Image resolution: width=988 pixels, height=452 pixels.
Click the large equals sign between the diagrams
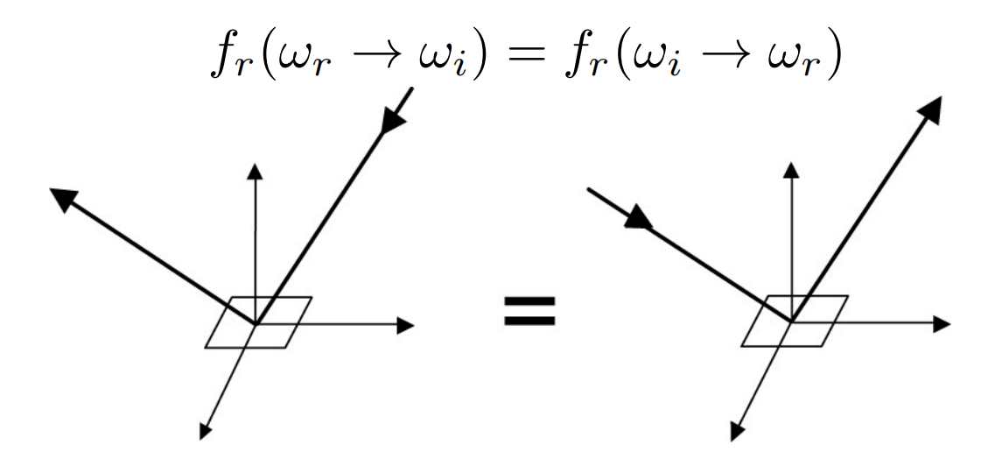529,310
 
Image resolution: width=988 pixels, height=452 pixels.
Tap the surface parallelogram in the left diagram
258,321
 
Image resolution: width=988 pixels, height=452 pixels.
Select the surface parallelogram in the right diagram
795,321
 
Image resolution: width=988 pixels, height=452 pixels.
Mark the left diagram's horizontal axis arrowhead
404,325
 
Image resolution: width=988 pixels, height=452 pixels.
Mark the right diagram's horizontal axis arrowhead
942,325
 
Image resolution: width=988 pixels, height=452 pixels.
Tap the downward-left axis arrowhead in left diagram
206,430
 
